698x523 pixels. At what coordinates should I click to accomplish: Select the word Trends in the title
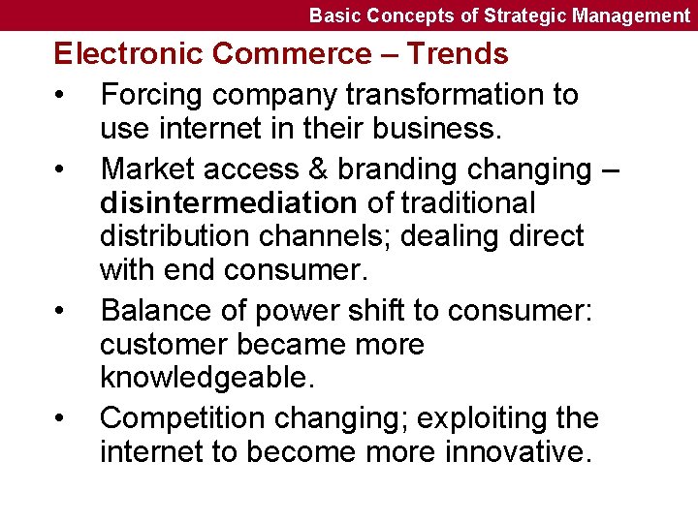pos(457,54)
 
